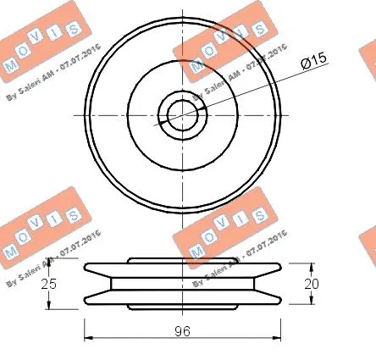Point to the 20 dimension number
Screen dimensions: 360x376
pyautogui.click(x=312, y=285)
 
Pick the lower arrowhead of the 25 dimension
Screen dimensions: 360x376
pyautogui.click(x=47, y=307)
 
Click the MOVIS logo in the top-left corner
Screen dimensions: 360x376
pyautogui.click(x=37, y=47)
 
